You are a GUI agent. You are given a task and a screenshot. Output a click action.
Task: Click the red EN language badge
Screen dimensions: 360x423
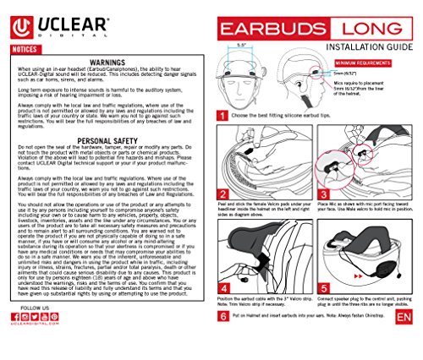[x=402, y=338]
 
